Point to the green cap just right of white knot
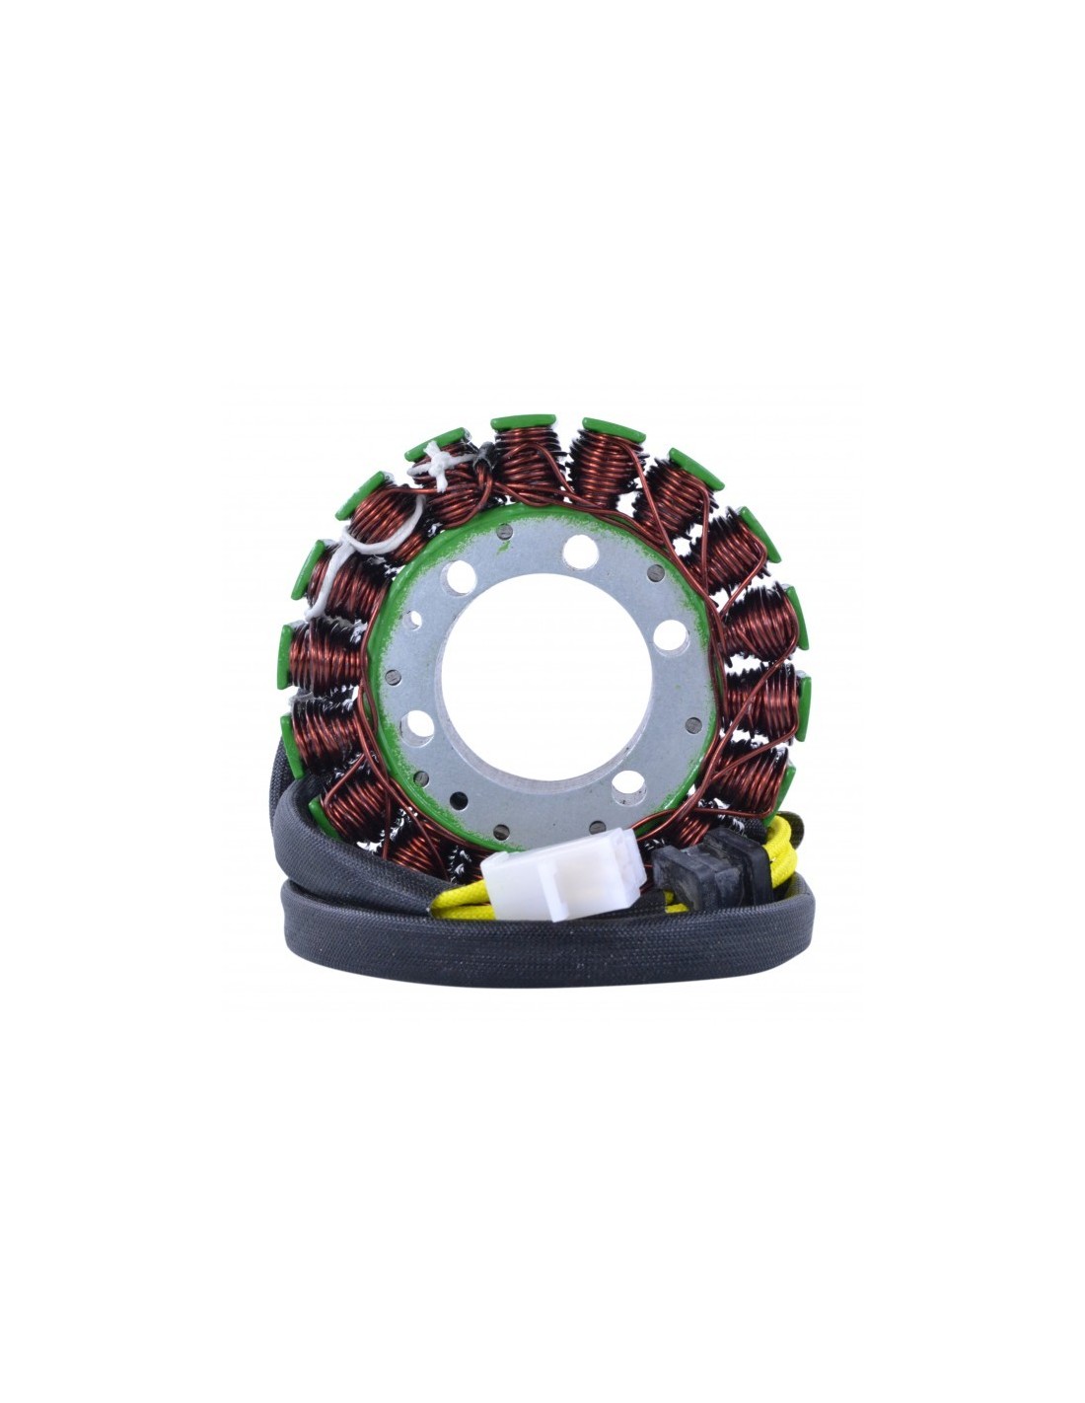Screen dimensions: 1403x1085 pos(520,422)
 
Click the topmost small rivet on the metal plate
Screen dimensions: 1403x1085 pos(504,533)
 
